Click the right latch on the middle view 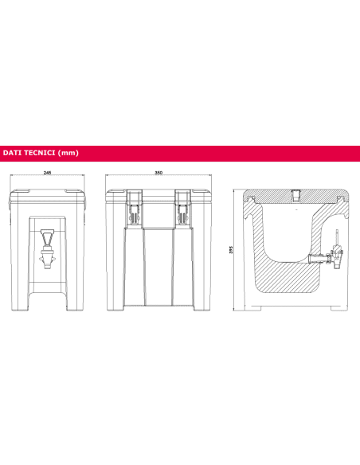tap(184, 209)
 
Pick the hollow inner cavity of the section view tap(291, 231)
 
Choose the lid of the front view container tap(49, 194)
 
